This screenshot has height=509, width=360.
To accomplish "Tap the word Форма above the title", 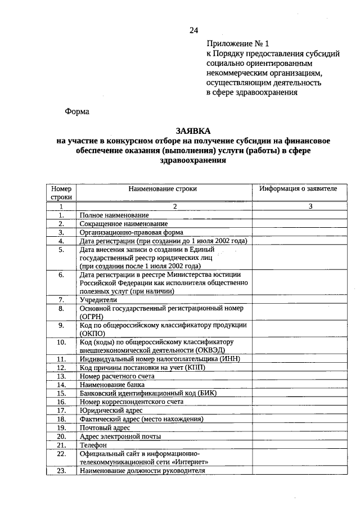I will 77,111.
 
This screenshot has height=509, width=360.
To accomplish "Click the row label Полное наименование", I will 114,215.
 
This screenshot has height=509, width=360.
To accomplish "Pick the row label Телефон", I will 93,445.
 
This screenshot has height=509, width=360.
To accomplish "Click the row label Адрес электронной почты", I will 120,436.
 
